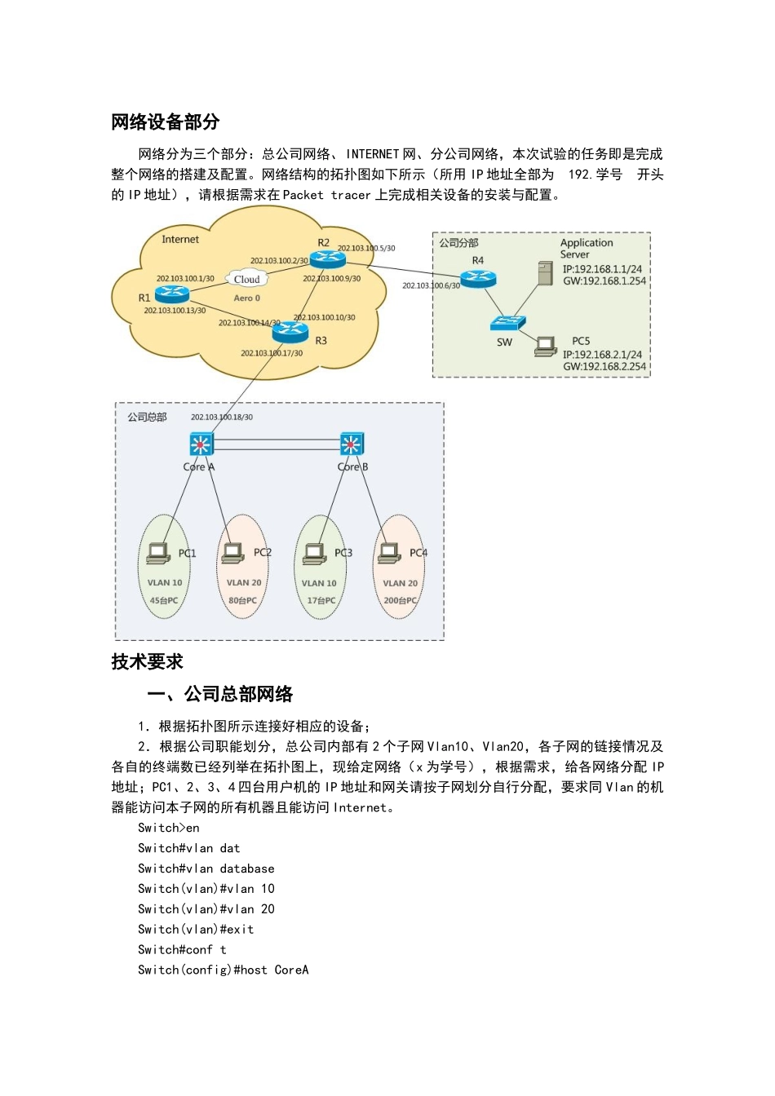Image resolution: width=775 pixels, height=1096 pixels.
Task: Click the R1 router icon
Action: (171, 295)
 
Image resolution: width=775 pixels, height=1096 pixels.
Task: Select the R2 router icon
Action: (328, 259)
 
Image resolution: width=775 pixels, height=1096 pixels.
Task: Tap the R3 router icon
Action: (290, 331)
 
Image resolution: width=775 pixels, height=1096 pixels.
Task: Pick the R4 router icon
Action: (478, 278)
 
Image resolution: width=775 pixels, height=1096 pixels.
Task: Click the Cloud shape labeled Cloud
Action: (246, 279)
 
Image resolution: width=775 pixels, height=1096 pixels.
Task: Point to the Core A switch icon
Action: (200, 444)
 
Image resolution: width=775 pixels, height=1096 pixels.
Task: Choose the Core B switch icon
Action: (352, 444)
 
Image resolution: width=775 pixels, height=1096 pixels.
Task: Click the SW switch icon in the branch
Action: (507, 323)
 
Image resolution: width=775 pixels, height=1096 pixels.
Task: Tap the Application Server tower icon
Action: (546, 272)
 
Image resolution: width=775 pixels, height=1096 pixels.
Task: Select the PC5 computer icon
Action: (546, 346)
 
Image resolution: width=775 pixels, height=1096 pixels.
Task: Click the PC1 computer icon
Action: (157, 553)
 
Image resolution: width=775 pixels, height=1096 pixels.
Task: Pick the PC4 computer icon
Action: (390, 553)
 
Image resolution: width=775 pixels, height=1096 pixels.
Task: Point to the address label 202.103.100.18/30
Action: (222, 417)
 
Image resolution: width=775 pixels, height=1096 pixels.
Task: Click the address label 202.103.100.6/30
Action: (431, 285)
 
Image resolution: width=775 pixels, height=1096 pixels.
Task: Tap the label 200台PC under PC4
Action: (400, 600)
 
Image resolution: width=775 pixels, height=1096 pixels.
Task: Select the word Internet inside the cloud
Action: (180, 239)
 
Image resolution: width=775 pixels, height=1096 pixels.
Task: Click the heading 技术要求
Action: (148, 661)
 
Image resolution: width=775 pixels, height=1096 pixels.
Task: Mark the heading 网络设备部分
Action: (166, 122)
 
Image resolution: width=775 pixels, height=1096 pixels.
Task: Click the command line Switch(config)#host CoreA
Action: (223, 970)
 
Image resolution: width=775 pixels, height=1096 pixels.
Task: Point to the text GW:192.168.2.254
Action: (604, 367)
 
